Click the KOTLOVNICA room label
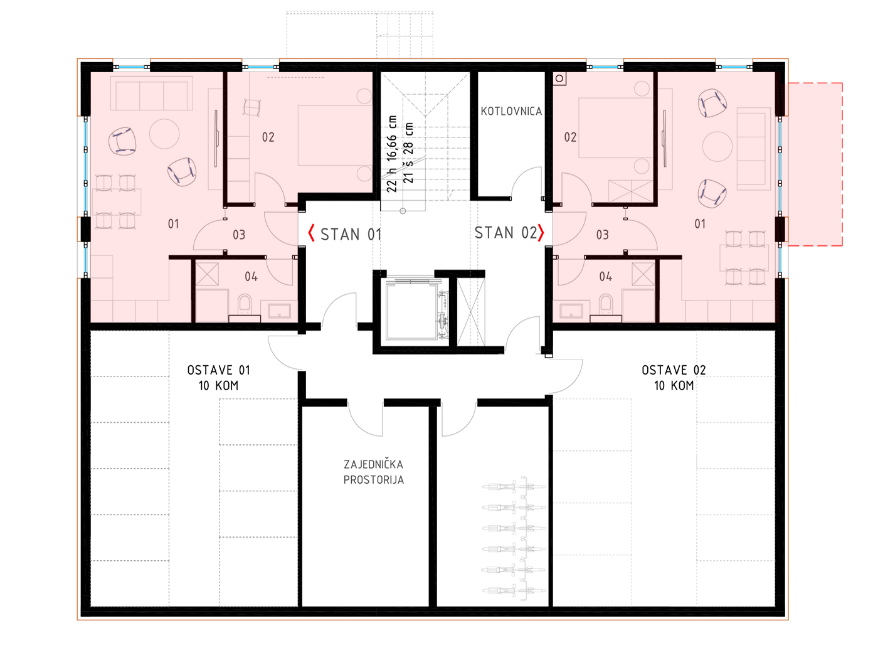[511, 111]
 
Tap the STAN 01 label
[351, 234]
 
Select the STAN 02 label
[505, 233]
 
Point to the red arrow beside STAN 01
[312, 233]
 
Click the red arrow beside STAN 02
[541, 233]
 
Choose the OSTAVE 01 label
[218, 370]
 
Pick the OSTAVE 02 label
[674, 370]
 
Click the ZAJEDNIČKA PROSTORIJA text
[373, 472]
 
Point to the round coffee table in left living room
[164, 134]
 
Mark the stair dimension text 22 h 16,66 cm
[392, 154]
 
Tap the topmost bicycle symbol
[514, 486]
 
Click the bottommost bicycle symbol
[514, 591]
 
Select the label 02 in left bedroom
[268, 137]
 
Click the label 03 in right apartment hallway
[602, 235]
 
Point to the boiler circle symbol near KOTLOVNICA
[559, 79]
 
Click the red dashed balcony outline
[842, 164]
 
